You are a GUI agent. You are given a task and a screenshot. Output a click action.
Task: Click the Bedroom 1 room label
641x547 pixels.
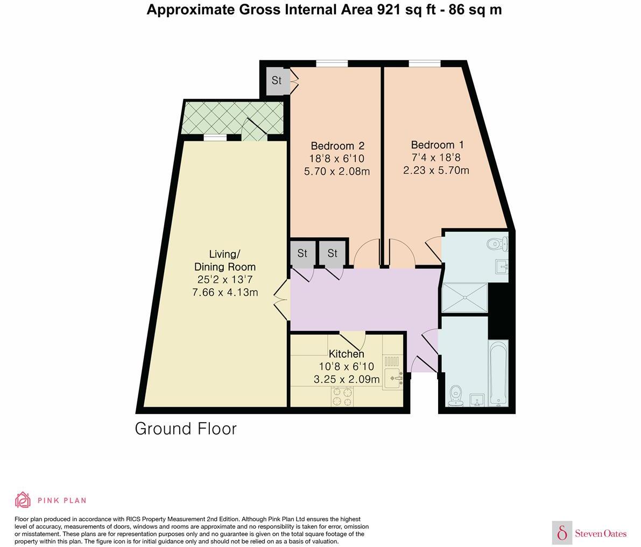438,145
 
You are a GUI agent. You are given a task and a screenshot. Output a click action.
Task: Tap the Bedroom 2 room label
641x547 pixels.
337,146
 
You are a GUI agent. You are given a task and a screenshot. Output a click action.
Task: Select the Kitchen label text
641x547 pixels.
346,354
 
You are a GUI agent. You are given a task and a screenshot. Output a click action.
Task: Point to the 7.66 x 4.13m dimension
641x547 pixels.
225,293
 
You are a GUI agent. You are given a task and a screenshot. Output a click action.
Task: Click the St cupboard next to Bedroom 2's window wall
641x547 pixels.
276,81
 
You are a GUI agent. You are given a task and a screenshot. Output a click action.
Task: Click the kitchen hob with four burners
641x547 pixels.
342,396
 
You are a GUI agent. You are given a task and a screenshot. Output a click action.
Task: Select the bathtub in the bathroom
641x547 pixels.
498,373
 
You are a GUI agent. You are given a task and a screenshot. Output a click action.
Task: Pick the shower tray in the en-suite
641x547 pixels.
465,297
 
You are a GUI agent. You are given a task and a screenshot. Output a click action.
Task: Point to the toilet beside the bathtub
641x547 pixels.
455,396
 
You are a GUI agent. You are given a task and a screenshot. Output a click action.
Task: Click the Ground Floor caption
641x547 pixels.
186,429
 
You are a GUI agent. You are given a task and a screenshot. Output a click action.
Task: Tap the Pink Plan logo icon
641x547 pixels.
23,500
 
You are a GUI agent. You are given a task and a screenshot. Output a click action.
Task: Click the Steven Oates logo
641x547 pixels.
589,532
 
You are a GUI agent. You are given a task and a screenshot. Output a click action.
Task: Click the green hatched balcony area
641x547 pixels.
233,118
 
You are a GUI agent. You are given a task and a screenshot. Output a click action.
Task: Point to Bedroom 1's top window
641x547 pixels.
425,63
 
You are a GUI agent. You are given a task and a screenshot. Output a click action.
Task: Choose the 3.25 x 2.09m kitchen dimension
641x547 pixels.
347,380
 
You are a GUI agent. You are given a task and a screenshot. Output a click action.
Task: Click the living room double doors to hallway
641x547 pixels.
282,301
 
